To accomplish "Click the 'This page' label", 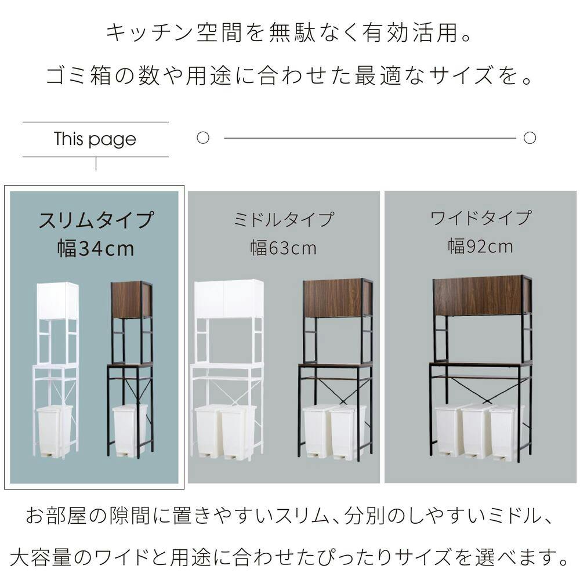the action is point(95,139).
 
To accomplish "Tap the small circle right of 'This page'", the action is point(202,137).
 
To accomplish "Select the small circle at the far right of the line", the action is point(530,137).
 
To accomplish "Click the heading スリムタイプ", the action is point(96,220).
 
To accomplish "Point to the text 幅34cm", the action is point(96,248).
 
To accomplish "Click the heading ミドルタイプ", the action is point(284,219).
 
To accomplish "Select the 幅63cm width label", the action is point(284,248).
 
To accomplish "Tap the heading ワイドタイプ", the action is point(480,218).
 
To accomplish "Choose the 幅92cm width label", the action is point(480,246).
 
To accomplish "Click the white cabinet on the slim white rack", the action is point(57,300).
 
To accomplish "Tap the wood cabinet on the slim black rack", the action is point(132,300).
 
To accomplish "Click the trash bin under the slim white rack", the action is point(55,430).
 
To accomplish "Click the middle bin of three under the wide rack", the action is point(476,430).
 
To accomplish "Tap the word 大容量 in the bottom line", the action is point(41,557).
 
